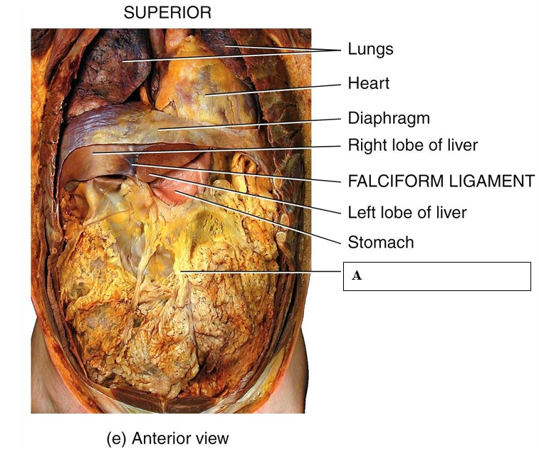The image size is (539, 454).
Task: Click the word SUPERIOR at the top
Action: point(167,12)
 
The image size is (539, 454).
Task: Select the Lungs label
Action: point(370,49)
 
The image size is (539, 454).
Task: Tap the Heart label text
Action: point(368,83)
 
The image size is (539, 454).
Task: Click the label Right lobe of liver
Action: point(412,145)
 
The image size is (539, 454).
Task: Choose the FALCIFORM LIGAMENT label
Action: point(441,181)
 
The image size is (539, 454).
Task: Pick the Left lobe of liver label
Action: point(407,212)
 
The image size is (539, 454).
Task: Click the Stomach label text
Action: point(380,243)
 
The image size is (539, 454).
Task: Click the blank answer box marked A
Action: point(437,276)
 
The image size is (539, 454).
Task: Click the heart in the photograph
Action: point(206,85)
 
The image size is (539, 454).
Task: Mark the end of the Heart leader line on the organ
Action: point(206,94)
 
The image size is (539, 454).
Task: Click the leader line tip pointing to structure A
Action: point(182,272)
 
